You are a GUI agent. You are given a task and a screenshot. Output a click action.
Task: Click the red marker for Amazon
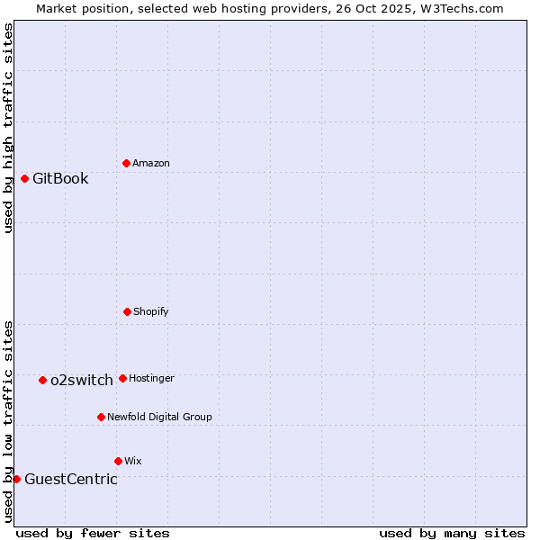pos(126,163)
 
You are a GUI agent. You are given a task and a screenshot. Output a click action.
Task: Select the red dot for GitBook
pos(24,178)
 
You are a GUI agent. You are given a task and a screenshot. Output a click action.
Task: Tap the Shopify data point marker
pos(127,311)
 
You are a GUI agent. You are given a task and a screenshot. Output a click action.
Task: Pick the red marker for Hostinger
pos(122,378)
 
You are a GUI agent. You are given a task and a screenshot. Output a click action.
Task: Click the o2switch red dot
pos(42,380)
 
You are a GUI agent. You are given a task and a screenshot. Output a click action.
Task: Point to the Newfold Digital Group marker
pos(101,417)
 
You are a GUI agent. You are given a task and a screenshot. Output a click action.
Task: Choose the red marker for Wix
pos(118,461)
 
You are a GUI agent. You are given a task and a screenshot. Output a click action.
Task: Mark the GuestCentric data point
pos(16,479)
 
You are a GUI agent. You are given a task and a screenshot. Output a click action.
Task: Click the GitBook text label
pos(60,178)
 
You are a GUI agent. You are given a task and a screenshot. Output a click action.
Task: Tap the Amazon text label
pos(151,163)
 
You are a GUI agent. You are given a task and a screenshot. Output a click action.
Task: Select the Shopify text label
pos(151,311)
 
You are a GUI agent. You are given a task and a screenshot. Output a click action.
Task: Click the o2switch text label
pos(82,380)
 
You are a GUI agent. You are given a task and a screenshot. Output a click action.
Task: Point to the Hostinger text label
pos(151,378)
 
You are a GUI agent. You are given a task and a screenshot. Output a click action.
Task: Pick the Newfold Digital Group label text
pos(159,417)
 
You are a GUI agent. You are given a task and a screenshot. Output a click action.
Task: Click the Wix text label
pos(133,461)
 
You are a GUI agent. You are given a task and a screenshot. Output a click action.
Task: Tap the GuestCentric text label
pos(71,479)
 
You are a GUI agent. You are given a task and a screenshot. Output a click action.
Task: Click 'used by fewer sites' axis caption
pos(93,533)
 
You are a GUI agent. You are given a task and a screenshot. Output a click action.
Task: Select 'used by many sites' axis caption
pos(452,533)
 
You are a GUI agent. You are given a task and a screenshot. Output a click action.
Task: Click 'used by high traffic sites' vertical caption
pos(8,128)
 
